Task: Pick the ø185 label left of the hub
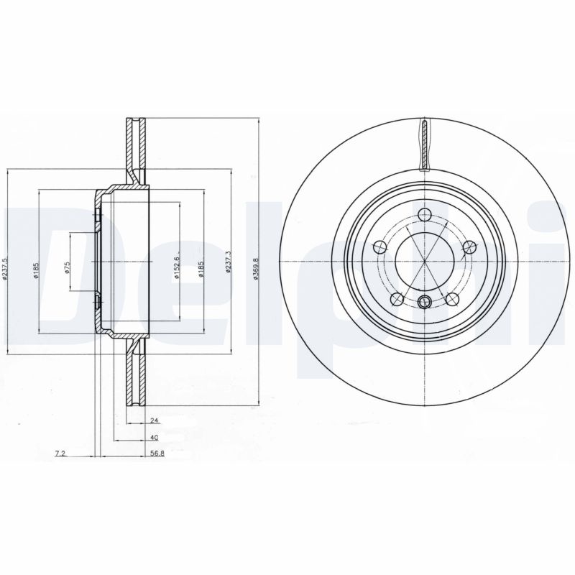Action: coord(36,269)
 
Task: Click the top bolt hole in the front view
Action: coord(424,214)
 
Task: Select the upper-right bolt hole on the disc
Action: coord(471,247)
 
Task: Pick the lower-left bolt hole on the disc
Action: coord(395,299)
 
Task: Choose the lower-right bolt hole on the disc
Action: coord(452,299)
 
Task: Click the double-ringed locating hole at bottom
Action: coord(424,302)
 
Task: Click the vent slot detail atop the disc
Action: coord(425,146)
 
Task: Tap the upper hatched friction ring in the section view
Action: coord(134,147)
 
